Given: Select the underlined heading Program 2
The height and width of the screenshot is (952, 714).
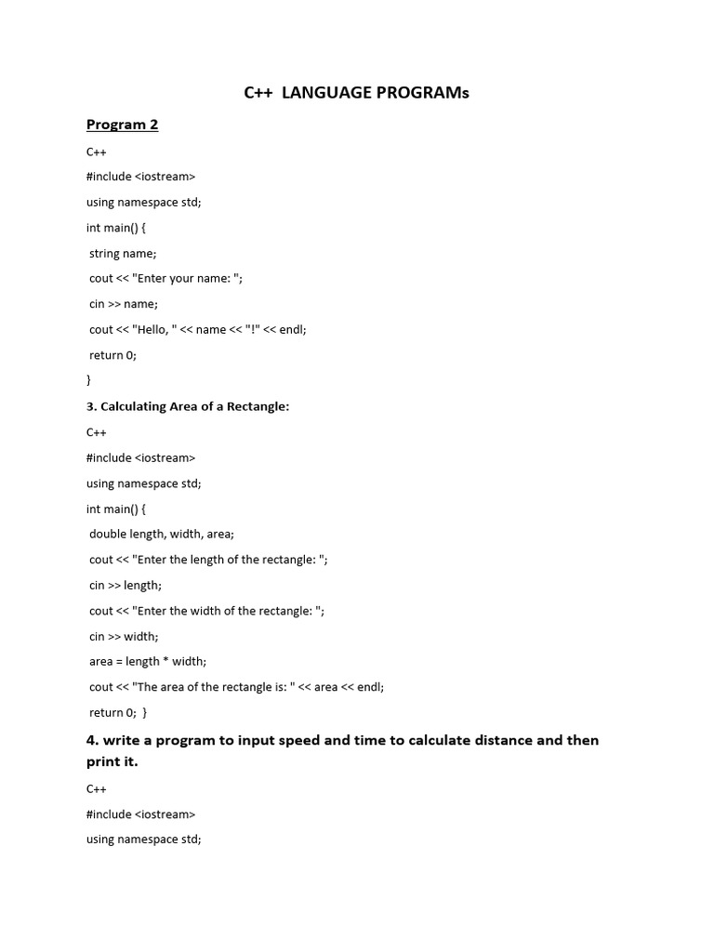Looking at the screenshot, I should (x=122, y=125).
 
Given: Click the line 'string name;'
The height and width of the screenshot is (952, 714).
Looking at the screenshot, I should (x=123, y=252).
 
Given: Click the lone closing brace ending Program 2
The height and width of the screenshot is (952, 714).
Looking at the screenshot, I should (x=88, y=379).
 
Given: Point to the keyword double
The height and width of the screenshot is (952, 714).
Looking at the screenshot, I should (x=108, y=534).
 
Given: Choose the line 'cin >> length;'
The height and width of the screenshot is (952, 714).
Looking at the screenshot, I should (x=126, y=585).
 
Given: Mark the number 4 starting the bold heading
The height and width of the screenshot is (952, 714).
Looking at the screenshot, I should (x=91, y=740).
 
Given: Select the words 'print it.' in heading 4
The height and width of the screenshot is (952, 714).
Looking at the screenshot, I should (x=112, y=761).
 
